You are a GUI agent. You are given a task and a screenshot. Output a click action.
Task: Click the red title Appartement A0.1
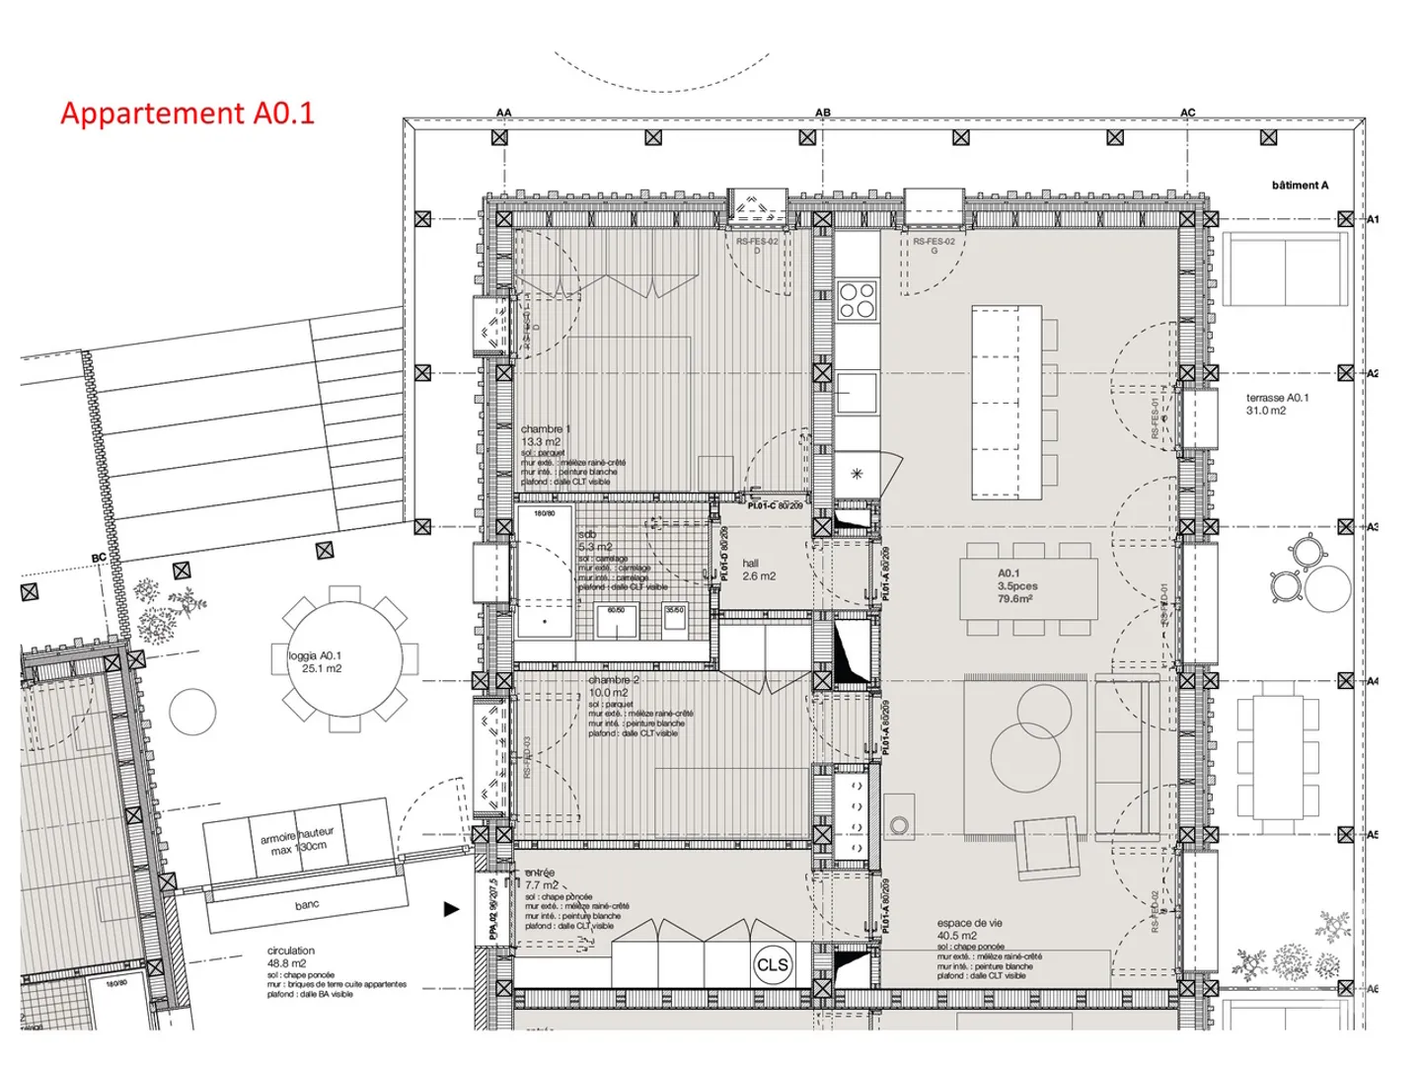click(187, 113)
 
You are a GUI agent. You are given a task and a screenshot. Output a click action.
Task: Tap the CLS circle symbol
click(772, 964)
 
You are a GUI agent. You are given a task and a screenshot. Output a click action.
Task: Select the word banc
click(307, 904)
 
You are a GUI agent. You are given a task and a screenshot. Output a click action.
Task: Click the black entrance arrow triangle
click(451, 909)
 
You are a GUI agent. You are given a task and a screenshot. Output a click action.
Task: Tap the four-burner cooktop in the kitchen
click(857, 300)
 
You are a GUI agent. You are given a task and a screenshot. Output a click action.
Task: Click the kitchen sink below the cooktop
click(857, 392)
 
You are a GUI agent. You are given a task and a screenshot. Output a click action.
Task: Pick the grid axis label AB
click(822, 113)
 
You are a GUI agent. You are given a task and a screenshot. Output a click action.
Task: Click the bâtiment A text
click(1300, 186)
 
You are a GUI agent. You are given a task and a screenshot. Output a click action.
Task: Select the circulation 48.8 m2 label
click(290, 956)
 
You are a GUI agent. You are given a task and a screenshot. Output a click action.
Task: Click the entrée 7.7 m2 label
click(541, 878)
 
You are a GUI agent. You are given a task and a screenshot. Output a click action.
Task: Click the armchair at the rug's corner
click(1049, 846)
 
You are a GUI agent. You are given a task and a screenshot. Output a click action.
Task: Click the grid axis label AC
click(1187, 113)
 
